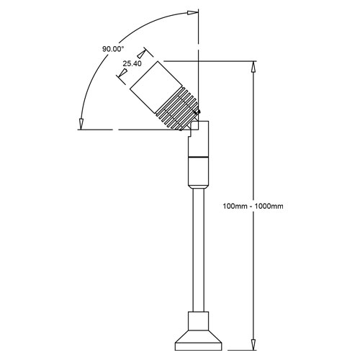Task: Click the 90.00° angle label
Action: (x=113, y=49)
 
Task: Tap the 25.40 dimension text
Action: (x=132, y=63)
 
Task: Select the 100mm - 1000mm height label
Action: (x=253, y=206)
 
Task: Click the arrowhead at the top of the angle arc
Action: (x=193, y=13)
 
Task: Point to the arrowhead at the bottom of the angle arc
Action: (x=81, y=124)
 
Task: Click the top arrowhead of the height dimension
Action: (x=253, y=67)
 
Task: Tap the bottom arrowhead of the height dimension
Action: (x=253, y=344)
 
